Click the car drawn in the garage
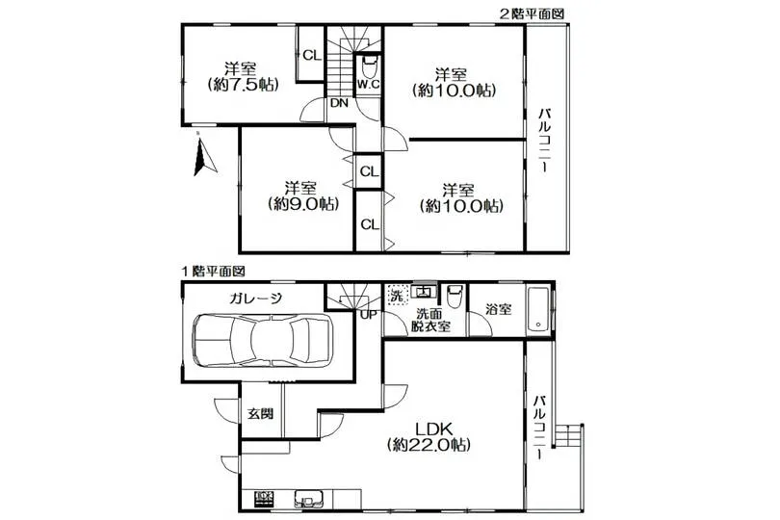pos(262,340)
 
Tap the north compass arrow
pos(204,155)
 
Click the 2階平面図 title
pos(532,13)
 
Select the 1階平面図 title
pos(213,272)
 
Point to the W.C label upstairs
pos(368,85)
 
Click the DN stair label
pos(339,103)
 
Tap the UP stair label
pos(369,315)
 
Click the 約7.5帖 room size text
pos(243,85)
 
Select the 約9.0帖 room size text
pos(303,203)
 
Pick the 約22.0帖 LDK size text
pos(429,444)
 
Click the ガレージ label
pos(256,299)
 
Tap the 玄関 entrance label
pos(261,413)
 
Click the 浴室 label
pos(498,309)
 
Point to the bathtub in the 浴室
pos(537,309)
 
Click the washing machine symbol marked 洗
pos(398,295)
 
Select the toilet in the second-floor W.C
pos(369,66)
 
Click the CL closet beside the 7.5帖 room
pos(312,55)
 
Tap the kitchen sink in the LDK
pos(308,498)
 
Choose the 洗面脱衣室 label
pos(430,320)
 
